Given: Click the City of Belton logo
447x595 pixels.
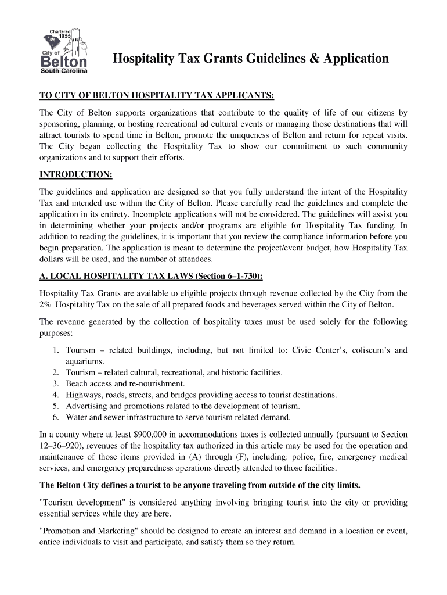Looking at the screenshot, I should click(64, 51).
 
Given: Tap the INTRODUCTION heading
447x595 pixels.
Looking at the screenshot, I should click(75, 175).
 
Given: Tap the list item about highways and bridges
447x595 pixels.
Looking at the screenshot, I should click(201, 395).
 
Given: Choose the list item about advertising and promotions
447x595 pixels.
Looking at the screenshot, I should click(183, 406).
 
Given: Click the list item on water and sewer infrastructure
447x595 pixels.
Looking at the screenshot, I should click(178, 417).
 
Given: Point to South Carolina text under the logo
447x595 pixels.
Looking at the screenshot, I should click(64, 71).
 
